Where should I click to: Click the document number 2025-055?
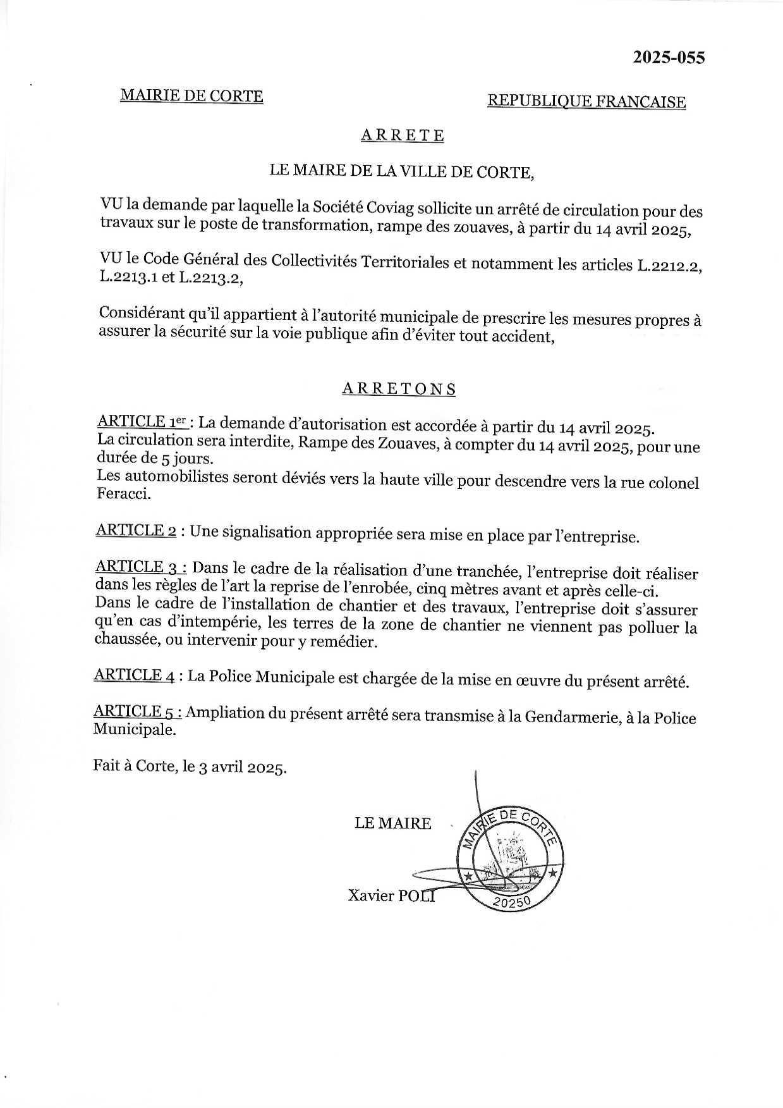coord(669,58)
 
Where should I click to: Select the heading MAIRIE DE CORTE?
coord(191,95)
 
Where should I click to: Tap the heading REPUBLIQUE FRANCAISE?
coord(586,102)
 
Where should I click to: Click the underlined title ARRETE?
coord(402,135)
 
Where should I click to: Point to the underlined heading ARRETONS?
coord(399,389)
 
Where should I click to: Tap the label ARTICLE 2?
coord(136,531)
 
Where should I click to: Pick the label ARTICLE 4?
coord(135,675)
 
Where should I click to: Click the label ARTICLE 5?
coord(138,712)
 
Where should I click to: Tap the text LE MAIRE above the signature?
coord(392,823)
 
